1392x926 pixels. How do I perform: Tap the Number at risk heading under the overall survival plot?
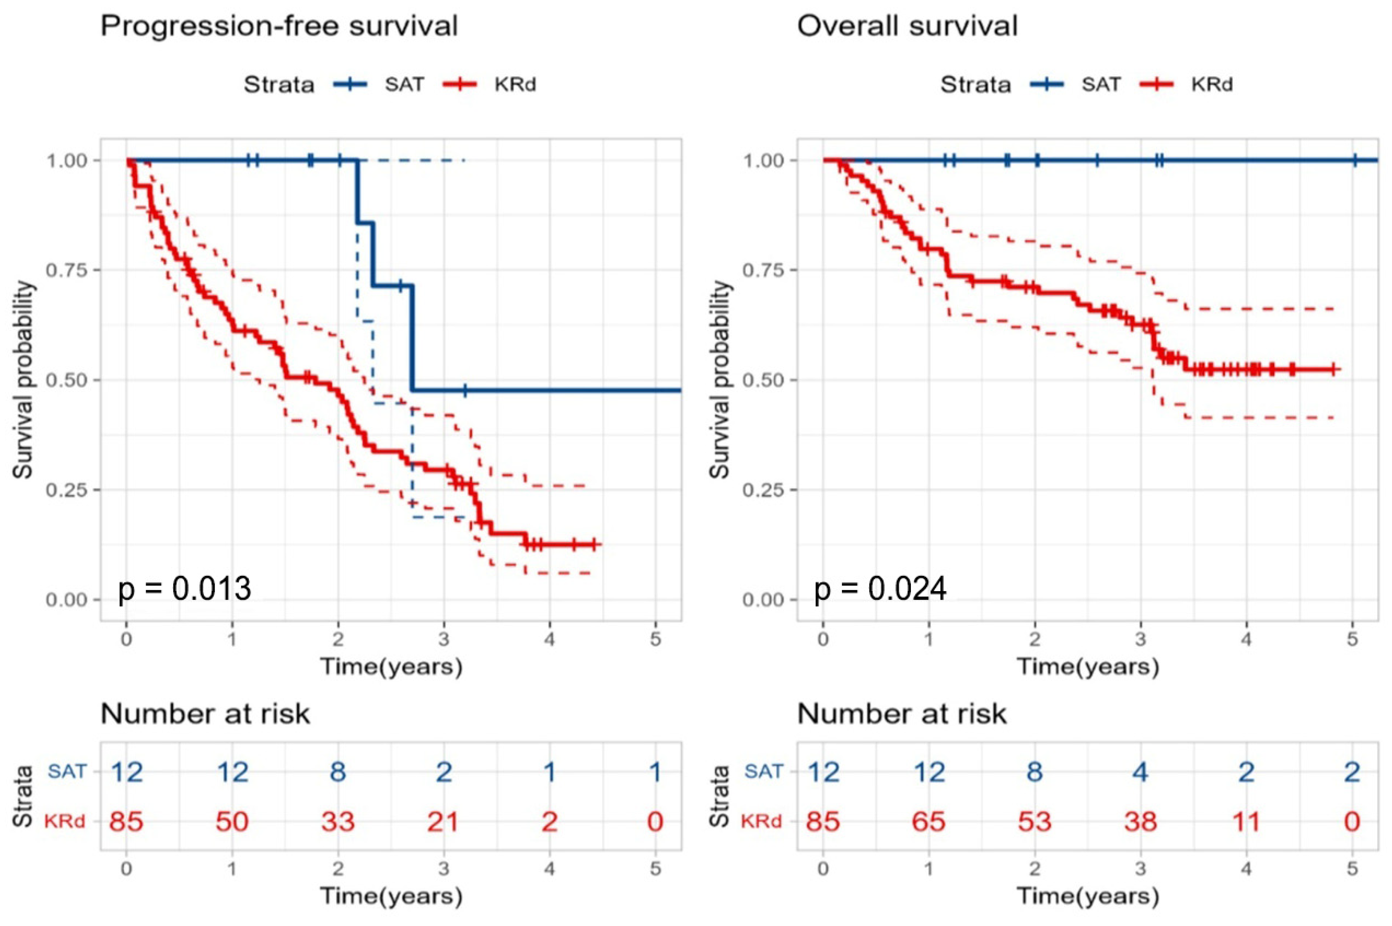pyautogui.click(x=902, y=714)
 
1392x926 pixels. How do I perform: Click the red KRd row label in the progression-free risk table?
pyautogui.click(x=65, y=821)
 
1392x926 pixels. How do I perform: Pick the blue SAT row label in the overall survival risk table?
pyautogui.click(x=763, y=771)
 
